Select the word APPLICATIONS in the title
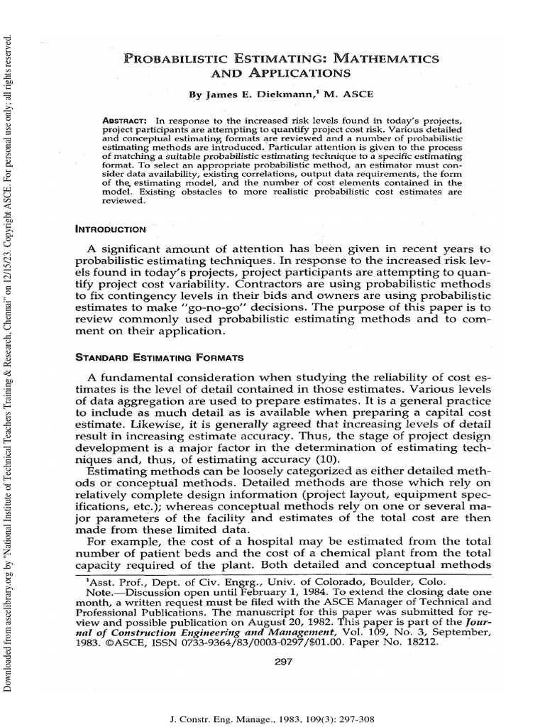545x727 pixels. (x=295, y=72)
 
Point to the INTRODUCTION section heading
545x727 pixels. (x=111, y=229)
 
